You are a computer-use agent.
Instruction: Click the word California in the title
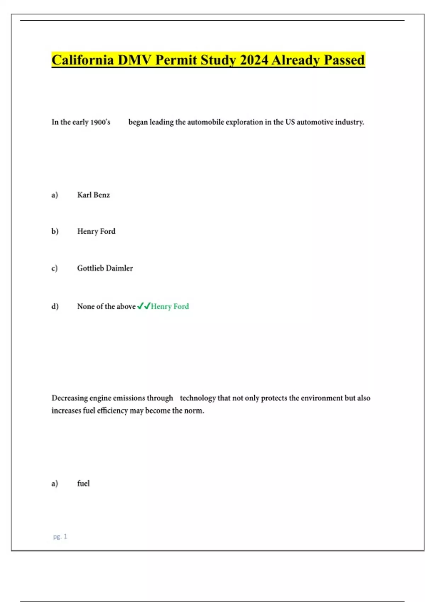point(83,60)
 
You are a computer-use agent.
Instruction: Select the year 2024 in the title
point(254,60)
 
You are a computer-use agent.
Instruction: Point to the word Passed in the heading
point(344,60)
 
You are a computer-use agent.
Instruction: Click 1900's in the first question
point(100,122)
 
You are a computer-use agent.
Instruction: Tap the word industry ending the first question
point(350,122)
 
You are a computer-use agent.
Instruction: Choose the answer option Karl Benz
point(93,195)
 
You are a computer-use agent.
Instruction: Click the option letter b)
point(55,232)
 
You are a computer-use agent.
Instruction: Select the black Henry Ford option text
point(96,232)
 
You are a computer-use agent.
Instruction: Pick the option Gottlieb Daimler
point(105,268)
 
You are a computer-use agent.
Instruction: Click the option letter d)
point(55,306)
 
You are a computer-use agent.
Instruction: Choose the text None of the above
point(106,306)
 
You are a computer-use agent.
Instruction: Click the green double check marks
point(144,306)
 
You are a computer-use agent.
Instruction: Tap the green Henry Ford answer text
point(170,306)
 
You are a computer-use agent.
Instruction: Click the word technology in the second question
point(198,398)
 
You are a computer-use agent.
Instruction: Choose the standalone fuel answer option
point(83,484)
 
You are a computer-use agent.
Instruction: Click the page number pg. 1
point(60,536)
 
